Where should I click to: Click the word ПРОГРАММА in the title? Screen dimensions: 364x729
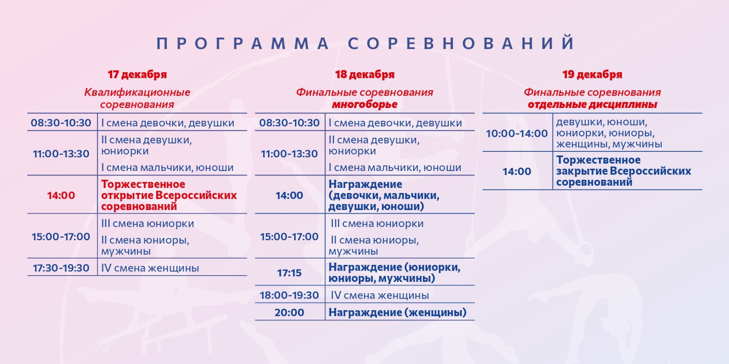pos(243,43)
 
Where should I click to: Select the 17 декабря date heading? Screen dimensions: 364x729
pos(137,74)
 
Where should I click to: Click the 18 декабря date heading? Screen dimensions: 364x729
pos(364,74)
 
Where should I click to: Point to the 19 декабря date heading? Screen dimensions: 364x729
pos(592,74)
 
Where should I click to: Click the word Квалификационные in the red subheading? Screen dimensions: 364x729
pos(137,92)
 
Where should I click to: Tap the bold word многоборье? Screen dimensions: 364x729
pos(364,105)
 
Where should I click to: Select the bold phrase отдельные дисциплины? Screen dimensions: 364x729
pos(592,105)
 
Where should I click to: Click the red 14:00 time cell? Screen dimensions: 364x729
pos(61,196)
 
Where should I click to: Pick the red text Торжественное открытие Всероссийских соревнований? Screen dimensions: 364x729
pos(169,195)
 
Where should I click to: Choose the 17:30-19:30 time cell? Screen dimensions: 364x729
pos(61,268)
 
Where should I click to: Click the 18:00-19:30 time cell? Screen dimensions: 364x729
pos(289,296)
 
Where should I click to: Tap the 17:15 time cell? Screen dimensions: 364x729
pos(289,273)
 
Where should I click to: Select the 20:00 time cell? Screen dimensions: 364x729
pos(289,312)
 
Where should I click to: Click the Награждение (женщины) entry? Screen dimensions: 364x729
pos(397,312)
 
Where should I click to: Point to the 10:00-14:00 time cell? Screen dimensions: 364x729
pos(517,133)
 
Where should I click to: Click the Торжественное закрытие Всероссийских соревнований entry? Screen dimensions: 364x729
pos(624,171)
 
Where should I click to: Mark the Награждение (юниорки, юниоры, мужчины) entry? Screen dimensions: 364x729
pos(394,273)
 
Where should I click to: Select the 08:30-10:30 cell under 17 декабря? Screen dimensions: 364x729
pos(61,123)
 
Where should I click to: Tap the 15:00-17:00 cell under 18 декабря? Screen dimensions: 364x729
pos(289,237)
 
